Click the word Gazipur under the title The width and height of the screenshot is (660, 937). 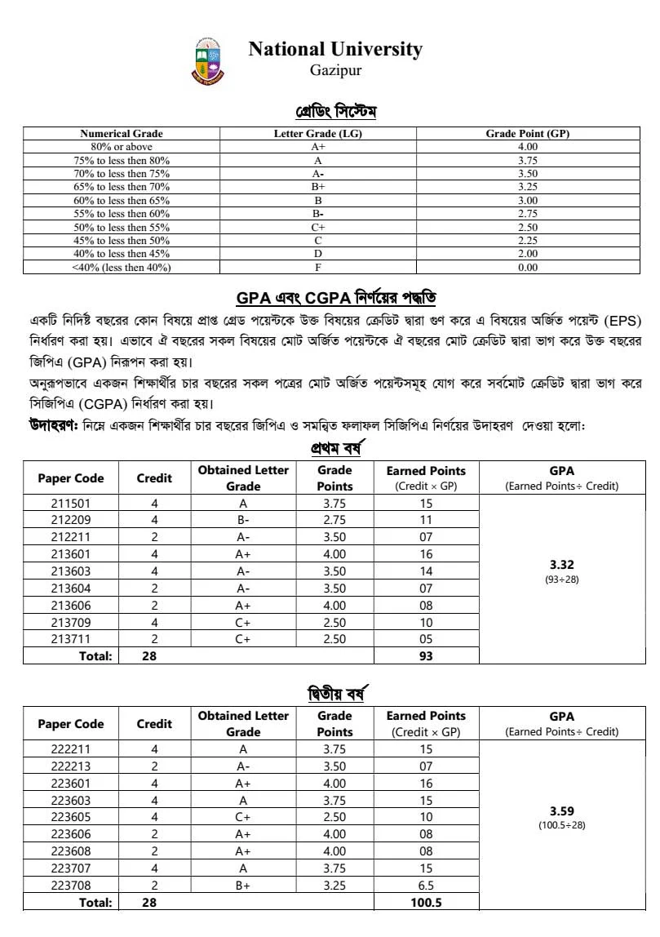coord(335,71)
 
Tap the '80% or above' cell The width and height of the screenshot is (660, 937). coord(122,147)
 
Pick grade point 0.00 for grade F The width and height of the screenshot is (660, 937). coord(528,267)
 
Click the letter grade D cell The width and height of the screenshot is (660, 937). coord(317,254)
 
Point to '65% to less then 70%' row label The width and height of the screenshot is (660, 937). coord(122,187)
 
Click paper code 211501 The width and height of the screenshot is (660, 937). coord(71,504)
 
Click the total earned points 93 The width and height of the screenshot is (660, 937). coord(426,655)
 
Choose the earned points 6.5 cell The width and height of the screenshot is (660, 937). coord(426,885)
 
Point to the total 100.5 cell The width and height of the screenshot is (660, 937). coord(426,903)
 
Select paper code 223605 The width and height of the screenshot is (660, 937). coord(71,817)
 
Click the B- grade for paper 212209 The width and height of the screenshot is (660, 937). coord(243,520)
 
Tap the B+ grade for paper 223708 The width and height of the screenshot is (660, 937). coord(243,885)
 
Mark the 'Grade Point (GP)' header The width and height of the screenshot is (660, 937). coord(528,134)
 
